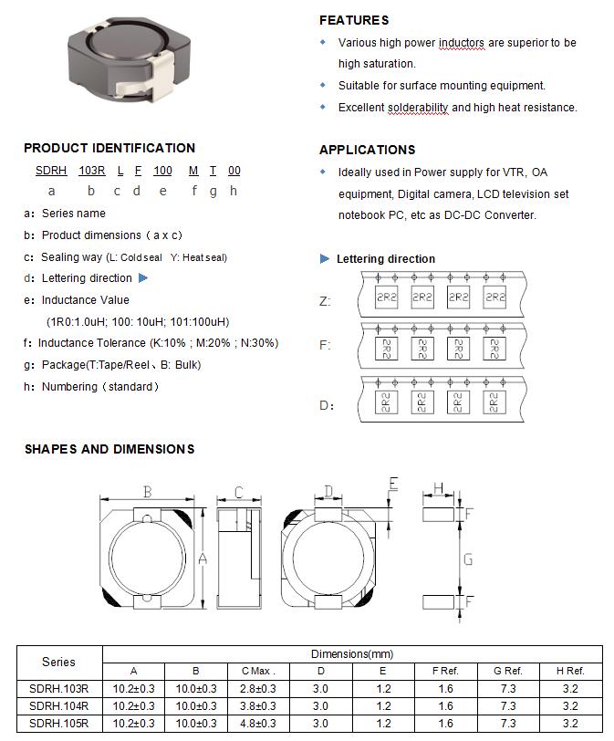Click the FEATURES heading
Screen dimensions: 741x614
coord(354,20)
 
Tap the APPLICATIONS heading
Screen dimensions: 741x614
coord(367,150)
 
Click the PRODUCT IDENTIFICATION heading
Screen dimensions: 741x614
coord(109,148)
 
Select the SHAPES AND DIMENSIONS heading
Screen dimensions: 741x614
coord(109,449)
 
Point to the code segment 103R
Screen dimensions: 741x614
coord(92,171)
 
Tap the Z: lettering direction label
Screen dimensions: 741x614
coord(325,301)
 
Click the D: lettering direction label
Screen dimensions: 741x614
coord(326,405)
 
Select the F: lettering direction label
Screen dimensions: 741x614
coord(325,346)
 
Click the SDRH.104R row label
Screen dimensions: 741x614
coord(58,705)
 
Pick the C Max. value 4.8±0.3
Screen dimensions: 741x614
coord(258,723)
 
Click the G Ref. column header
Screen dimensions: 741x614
coord(507,671)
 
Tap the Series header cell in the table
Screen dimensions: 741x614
coord(58,662)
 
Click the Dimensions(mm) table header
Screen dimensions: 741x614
coord(352,654)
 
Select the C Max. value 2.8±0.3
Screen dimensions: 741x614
coord(258,688)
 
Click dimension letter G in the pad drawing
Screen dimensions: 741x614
coord(468,559)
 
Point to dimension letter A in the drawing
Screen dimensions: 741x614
coord(203,558)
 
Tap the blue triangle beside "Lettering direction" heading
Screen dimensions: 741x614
coord(325,259)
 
